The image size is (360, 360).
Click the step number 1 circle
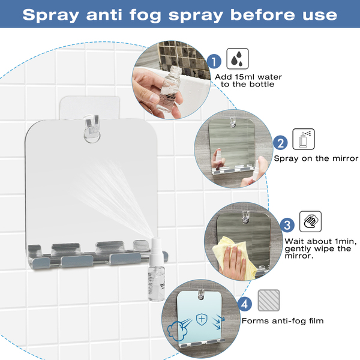[x=214, y=62]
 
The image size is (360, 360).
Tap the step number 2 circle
[x=280, y=143]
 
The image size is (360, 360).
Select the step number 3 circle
[x=287, y=225]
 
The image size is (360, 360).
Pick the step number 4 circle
[x=245, y=304]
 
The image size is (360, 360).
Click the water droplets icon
[x=238, y=59]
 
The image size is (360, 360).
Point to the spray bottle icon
[x=304, y=139]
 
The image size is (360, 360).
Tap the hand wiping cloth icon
[x=310, y=221]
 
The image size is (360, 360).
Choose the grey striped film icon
[x=269, y=301]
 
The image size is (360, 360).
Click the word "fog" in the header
[x=145, y=16]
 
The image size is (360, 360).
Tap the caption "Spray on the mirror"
[x=316, y=158]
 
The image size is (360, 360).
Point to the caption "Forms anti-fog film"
[x=283, y=321]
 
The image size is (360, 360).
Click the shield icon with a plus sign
[x=202, y=319]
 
